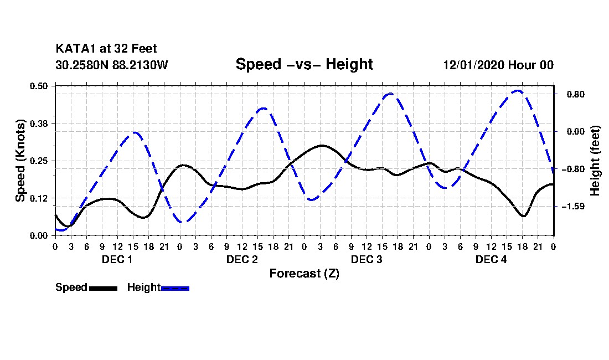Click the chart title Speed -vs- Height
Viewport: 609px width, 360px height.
pos(304,64)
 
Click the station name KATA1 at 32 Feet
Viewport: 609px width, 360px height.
pos(106,49)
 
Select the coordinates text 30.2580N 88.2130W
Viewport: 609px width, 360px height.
pos(111,65)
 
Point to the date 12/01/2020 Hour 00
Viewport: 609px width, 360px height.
pos(498,65)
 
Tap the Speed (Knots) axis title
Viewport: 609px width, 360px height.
pos(20,161)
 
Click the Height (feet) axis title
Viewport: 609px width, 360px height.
pos(595,161)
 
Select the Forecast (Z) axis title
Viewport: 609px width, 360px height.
pos(304,274)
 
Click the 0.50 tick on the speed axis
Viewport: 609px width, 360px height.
pos(39,86)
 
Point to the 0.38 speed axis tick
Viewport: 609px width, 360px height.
pos(39,124)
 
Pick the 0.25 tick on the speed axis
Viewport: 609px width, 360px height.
pos(39,161)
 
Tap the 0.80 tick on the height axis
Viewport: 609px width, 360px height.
pos(576,94)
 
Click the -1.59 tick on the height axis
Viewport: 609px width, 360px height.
pos(573,206)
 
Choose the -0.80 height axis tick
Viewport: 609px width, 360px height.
pos(573,169)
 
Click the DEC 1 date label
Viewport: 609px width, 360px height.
pos(117,259)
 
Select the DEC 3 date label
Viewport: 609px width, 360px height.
pos(367,259)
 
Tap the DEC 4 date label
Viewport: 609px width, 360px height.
pos(491,259)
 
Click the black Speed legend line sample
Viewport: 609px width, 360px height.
pos(103,288)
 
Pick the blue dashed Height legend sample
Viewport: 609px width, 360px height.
pos(175,288)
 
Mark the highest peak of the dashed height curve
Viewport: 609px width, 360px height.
pos(518,91)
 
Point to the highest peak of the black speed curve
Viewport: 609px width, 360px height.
pos(321,145)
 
